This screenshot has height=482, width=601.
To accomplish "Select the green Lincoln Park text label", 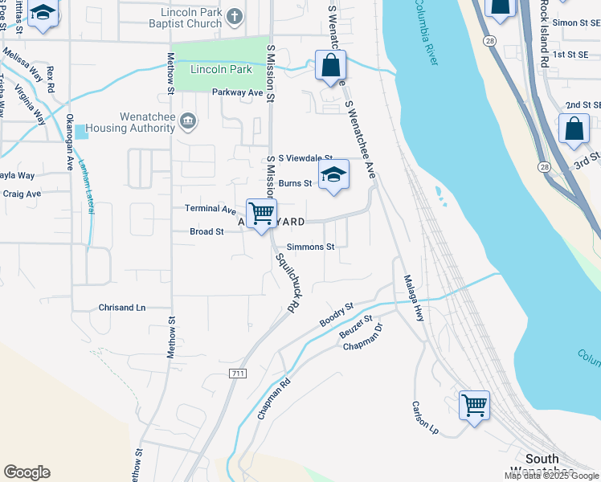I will point(221,70).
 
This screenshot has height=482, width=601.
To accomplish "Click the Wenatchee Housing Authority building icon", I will point(188,121).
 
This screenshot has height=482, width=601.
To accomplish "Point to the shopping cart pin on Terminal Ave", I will point(261,214).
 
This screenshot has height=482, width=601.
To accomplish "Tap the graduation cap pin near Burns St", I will point(333,175).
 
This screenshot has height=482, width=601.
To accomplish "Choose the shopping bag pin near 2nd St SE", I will point(574,129).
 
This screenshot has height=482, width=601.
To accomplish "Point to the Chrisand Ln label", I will point(122,308).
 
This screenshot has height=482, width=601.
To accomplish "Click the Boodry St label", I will point(337,313).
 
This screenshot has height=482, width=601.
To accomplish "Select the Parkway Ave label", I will point(238,92).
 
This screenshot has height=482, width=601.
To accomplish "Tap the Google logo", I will point(27,472).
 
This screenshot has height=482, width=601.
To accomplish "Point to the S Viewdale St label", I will point(300,158).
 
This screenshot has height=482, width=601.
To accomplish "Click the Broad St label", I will point(206,231).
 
